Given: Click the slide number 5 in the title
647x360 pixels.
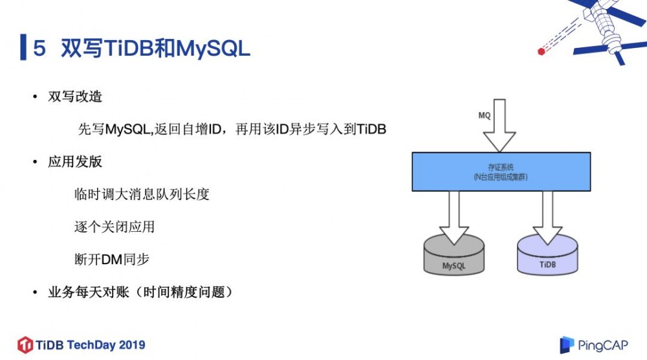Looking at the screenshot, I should pos(39,49).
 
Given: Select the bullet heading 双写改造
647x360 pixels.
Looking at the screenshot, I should pos(75,97).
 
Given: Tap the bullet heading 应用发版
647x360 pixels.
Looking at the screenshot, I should pos(75,162).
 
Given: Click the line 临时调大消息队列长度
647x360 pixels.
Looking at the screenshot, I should pos(142,194).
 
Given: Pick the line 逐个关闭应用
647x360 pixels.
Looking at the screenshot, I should pos(115,227).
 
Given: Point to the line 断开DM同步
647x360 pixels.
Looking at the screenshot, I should pos(113,260).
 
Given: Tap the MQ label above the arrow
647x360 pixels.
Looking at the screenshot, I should pos(484,115).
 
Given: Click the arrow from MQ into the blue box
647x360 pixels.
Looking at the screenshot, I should pos(499,126).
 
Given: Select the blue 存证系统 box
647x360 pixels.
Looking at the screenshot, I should pos(501,172).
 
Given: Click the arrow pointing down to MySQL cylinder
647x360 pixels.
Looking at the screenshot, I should pos(454,217).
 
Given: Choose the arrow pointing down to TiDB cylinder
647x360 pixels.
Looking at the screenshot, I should pos(547,217).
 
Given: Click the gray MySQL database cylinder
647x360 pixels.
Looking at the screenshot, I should pos(454,257).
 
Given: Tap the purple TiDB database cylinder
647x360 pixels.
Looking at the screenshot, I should pos(547,257).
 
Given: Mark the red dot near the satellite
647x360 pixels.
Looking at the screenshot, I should pos(542,51).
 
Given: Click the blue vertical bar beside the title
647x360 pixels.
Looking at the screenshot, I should pos(23,48).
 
